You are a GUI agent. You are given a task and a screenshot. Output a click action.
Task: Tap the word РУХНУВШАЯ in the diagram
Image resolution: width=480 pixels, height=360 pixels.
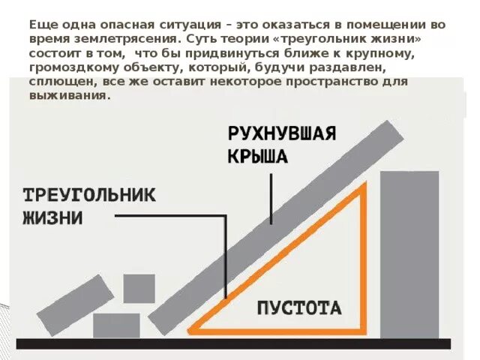(281, 136)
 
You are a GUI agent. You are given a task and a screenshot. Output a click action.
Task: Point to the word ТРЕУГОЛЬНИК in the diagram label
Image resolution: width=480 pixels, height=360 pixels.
(89, 196)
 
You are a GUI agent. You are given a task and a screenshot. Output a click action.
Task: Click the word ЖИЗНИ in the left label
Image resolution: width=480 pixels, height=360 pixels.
(52, 218)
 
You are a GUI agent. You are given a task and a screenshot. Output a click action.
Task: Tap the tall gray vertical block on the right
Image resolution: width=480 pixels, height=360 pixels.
(409, 254)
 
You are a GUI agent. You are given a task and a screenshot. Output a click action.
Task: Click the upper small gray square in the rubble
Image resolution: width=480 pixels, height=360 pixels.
(139, 288)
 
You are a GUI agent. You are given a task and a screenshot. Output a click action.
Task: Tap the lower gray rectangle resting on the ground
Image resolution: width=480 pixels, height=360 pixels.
(116, 325)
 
